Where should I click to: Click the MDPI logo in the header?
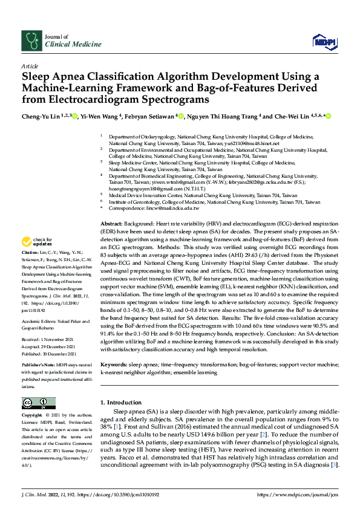tap(324, 41)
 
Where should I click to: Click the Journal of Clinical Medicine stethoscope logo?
tap(30, 41)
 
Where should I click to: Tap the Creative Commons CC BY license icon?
tap(38, 403)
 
